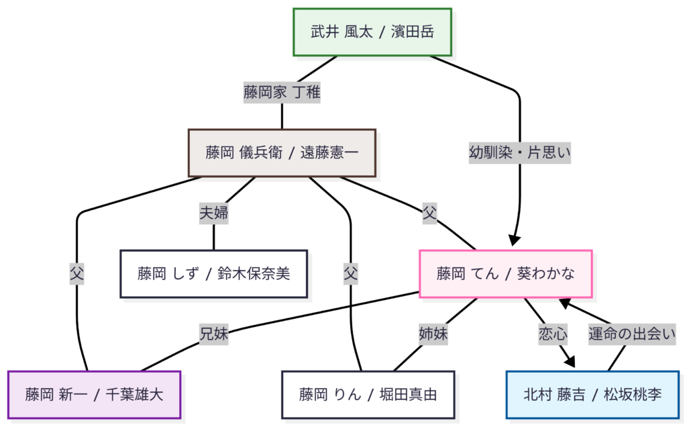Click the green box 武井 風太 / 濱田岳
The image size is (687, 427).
tap(372, 32)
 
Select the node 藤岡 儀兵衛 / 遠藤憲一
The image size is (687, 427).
tap(282, 152)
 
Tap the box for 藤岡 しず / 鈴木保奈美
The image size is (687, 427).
tap(214, 273)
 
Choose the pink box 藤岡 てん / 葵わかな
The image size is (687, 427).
tap(506, 273)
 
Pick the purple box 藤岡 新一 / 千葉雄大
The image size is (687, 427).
tap(95, 394)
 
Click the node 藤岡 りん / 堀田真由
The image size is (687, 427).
tap(368, 394)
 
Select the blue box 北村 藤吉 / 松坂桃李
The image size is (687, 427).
tap(592, 394)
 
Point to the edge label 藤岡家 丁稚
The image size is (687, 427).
tap(282, 92)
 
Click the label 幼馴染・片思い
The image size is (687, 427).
tap(520, 152)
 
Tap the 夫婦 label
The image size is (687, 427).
tap(214, 213)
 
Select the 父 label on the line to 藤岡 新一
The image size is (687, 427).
tap(77, 273)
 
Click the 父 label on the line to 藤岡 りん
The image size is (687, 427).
tap(350, 273)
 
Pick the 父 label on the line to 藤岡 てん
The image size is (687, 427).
tap(429, 214)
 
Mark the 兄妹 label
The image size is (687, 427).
tap(213, 334)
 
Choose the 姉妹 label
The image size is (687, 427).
tap(433, 334)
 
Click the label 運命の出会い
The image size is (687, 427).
tap(631, 334)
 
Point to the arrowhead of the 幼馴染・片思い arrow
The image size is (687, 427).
tap(515, 241)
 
